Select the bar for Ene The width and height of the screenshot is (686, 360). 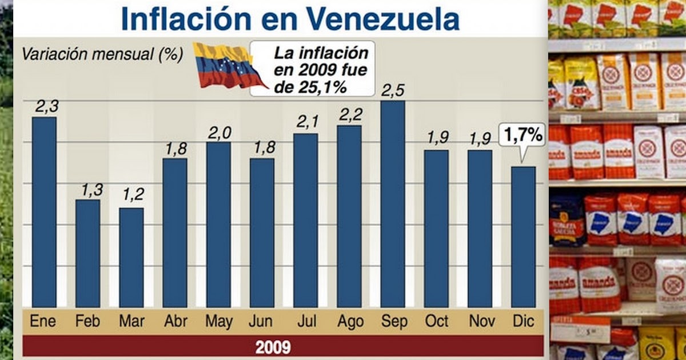click(x=44, y=211)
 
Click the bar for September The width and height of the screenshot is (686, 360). click(x=393, y=204)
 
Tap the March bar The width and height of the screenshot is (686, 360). click(x=131, y=257)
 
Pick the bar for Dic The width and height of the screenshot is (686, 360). click(x=523, y=237)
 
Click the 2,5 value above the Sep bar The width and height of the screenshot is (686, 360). click(x=393, y=91)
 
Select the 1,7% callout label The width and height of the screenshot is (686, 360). click(x=523, y=136)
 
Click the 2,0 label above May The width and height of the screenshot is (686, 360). click(x=219, y=133)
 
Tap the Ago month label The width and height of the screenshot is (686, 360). click(x=350, y=322)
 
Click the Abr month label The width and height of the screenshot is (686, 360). click(x=175, y=322)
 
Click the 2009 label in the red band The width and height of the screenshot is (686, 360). click(x=273, y=347)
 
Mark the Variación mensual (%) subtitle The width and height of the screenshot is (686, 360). click(x=102, y=54)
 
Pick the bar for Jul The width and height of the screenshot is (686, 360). click(x=306, y=220)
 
